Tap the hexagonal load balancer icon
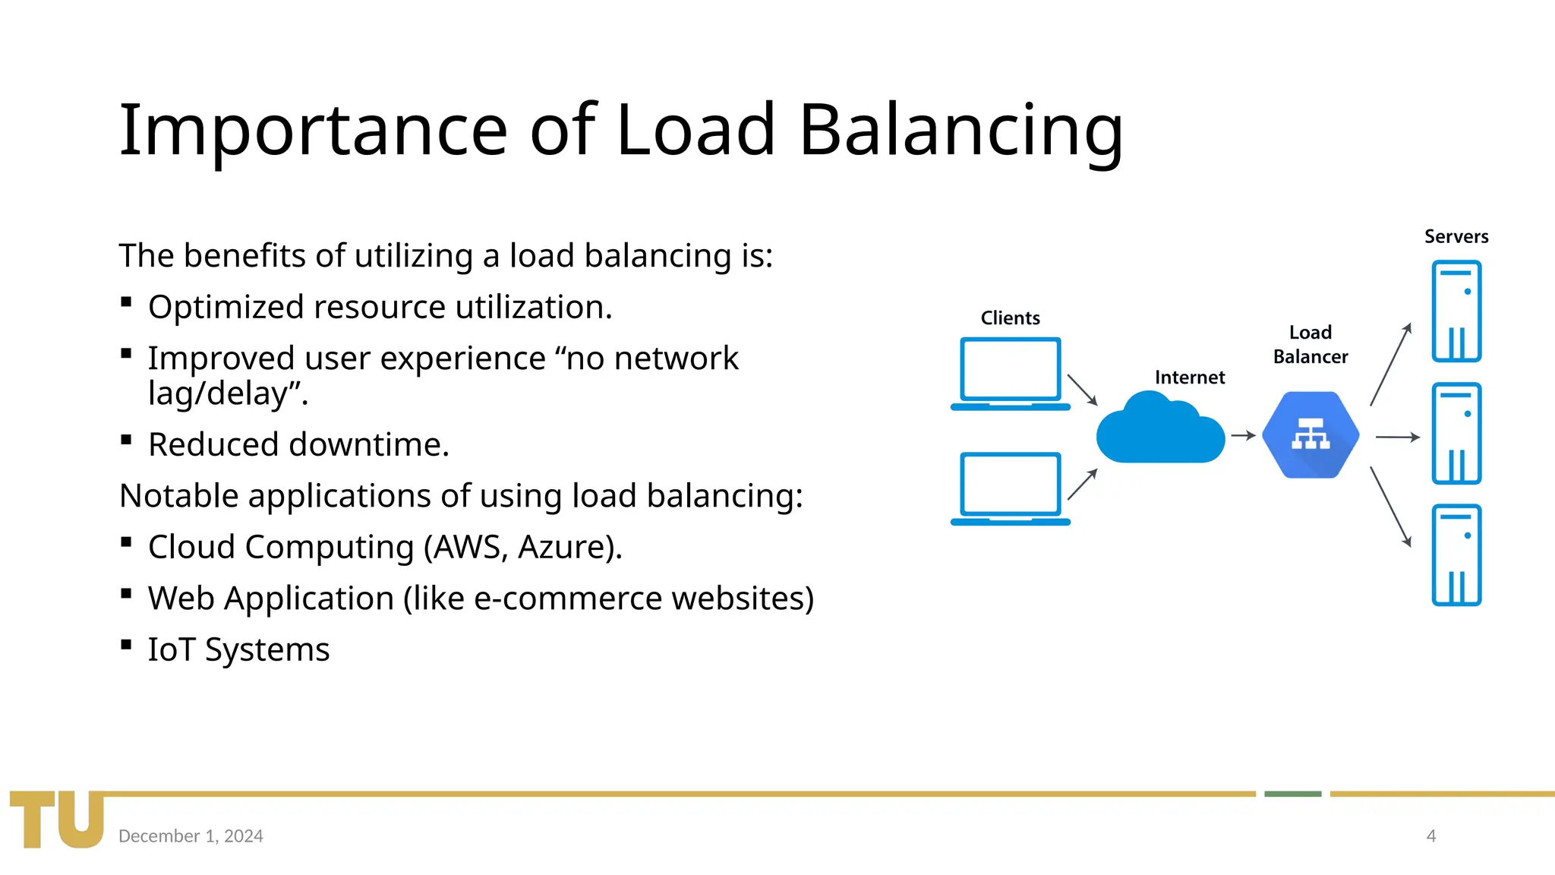point(1311,435)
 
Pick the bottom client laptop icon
point(1010,488)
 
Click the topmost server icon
point(1456,311)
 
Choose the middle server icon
point(1456,434)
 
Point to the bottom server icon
point(1456,555)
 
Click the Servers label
point(1456,237)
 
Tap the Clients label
point(1010,318)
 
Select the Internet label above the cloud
point(1189,377)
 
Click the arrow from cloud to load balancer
point(1243,436)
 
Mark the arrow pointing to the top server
point(1391,364)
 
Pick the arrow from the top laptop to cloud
point(1082,390)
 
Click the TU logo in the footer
point(57,819)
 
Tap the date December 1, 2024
point(191,836)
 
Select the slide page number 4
point(1431,836)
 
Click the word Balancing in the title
point(960,131)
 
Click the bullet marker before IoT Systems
point(126,646)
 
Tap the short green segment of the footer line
point(1292,794)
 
